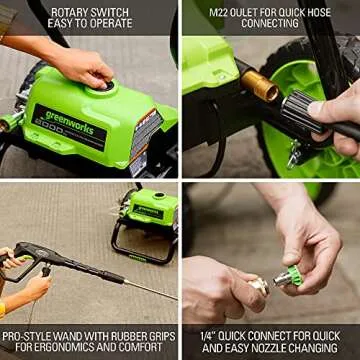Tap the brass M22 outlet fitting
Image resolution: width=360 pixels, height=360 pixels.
coord(262,87)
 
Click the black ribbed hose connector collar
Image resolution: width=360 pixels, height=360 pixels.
coord(297,113)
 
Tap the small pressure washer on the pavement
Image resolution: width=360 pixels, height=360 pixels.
coord(147,220)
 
